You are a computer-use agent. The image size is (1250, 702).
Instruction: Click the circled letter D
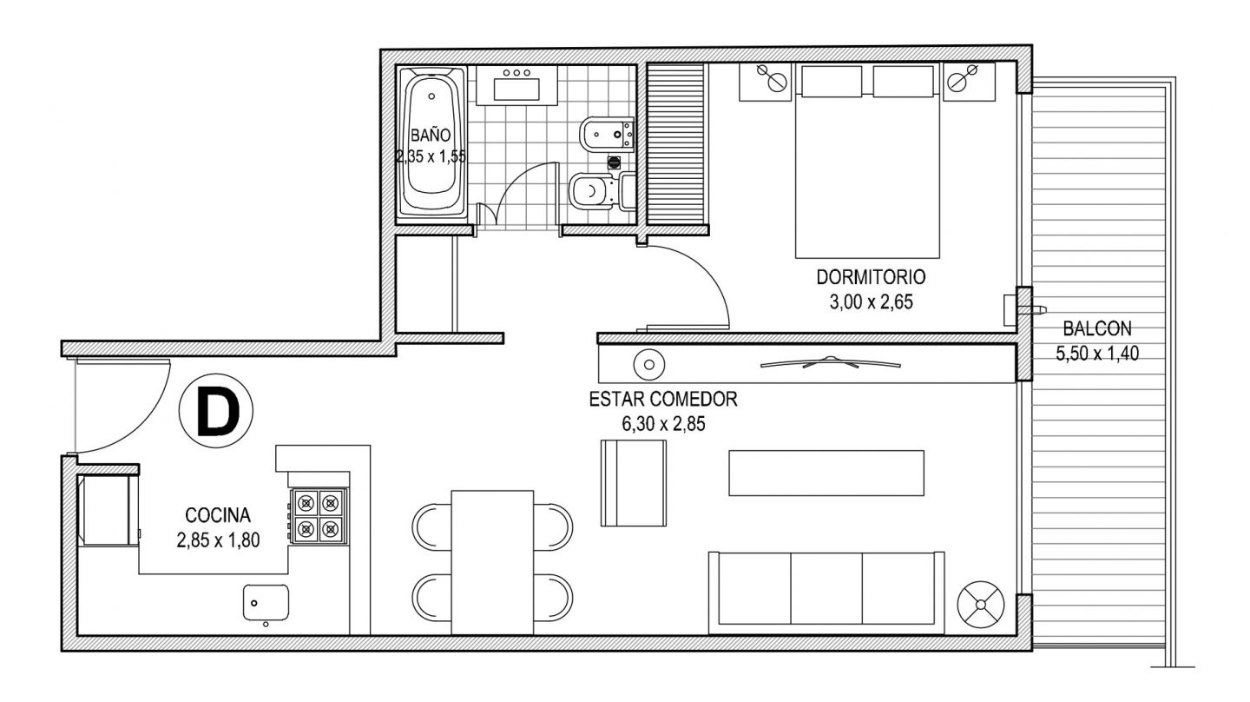(x=216, y=411)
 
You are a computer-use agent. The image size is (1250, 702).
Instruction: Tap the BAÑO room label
(x=431, y=136)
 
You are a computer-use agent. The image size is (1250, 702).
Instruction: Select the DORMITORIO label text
(x=872, y=277)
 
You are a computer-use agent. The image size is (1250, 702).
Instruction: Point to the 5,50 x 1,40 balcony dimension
(x=1097, y=354)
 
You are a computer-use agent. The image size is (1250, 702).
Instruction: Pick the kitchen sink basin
(x=266, y=603)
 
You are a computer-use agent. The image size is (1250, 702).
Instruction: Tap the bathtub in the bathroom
(x=432, y=142)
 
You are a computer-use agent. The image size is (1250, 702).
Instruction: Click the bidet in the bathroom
(x=607, y=134)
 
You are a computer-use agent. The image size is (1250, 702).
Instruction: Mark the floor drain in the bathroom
(x=614, y=162)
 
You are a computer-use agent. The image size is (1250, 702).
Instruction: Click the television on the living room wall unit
(x=831, y=362)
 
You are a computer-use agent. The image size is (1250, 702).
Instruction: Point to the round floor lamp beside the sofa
(x=981, y=605)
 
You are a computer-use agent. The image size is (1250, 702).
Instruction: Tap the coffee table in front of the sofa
(x=826, y=473)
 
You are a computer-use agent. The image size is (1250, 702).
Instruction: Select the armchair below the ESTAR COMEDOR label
(x=634, y=483)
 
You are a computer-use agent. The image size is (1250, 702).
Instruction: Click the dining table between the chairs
(x=492, y=562)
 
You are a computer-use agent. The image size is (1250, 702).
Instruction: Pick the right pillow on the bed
(x=904, y=82)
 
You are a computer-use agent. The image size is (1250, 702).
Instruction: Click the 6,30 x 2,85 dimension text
(x=663, y=424)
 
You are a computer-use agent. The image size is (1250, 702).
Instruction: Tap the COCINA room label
(x=218, y=515)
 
